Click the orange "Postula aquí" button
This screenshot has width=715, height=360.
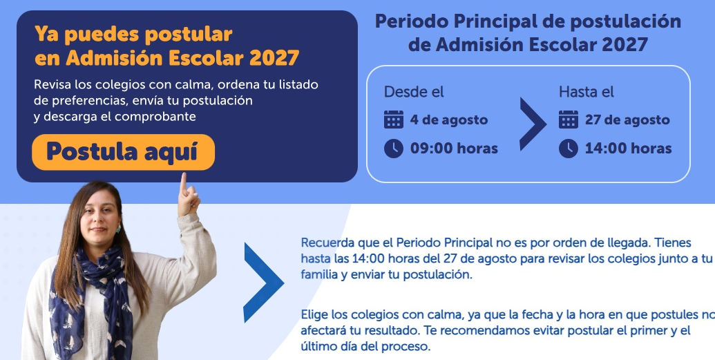pos(123,152)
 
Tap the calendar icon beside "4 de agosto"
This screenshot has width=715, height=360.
pos(394,120)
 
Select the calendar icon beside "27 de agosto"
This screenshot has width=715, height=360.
pos(568,120)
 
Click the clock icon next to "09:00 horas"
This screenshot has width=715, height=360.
pos(394,149)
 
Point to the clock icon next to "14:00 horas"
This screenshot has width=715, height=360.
pos(568,149)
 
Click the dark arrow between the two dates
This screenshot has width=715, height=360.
pos(533,124)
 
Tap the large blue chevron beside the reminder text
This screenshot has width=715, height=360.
pos(264,283)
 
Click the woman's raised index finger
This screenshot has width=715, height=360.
pos(183,183)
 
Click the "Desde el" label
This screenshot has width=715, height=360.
pos(414,92)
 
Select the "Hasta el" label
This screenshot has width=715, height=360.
pos(587,92)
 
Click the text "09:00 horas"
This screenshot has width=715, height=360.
pos(454,149)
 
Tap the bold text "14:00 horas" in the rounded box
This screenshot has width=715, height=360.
pos(629,149)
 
